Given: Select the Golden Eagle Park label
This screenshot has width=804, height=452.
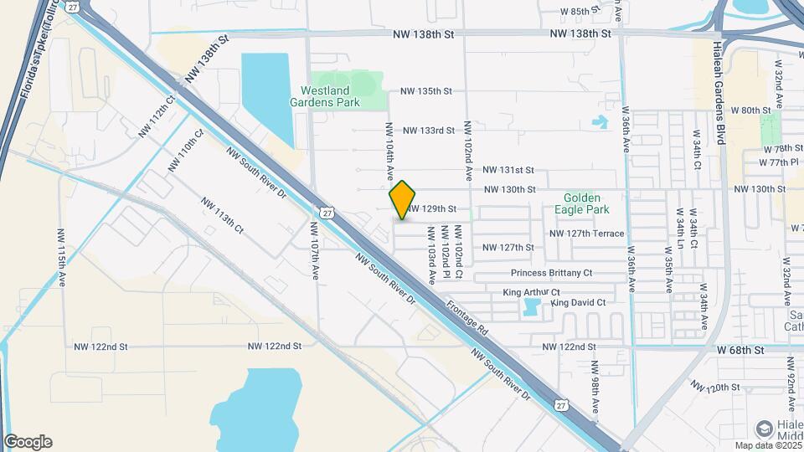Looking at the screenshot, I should [593, 202].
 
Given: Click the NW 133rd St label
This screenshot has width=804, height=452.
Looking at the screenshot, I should [428, 131].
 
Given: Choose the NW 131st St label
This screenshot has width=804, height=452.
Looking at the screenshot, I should [508, 170].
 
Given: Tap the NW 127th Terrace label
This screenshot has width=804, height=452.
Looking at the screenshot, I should [586, 234].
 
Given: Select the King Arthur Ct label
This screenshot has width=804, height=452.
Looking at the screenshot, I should [531, 292].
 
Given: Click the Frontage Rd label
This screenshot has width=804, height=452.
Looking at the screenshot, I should [466, 320].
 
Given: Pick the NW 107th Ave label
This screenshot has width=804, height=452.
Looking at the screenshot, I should [315, 251].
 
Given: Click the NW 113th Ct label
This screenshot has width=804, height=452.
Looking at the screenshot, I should [222, 215].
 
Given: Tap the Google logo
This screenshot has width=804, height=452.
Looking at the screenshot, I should [28, 442].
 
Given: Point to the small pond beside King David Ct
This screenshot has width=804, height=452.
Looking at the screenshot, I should [531, 307].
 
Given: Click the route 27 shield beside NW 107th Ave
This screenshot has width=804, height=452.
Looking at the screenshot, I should [325, 213].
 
